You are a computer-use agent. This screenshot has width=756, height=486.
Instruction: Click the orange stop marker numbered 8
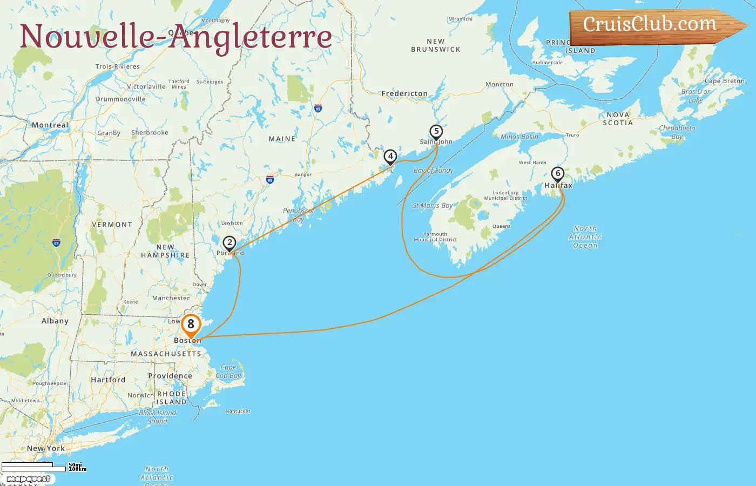[x=191, y=325]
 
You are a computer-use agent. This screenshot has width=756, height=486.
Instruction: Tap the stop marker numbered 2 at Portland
[x=230, y=244]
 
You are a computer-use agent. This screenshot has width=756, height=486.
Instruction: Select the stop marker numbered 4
[x=390, y=157]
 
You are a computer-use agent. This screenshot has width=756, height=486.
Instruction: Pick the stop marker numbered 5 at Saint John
[x=436, y=132]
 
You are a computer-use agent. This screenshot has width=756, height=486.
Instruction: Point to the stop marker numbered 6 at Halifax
[x=558, y=174]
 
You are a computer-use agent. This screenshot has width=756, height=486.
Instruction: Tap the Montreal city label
[x=50, y=125]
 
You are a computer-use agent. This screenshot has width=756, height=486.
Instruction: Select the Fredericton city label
[x=404, y=93]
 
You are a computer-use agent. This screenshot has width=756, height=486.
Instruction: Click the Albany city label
[x=55, y=321]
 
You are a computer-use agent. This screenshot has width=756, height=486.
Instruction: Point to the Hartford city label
[x=108, y=380]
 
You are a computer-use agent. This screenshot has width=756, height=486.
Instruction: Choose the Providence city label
[x=170, y=376]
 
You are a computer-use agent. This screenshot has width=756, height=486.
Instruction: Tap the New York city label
[x=46, y=448]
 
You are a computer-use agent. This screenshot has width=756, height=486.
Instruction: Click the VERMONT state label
[x=112, y=225]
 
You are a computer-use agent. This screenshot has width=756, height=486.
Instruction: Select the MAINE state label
[x=282, y=139]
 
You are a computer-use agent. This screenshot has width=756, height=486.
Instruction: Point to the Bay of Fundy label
[x=433, y=170]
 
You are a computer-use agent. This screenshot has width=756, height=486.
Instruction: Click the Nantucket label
[x=238, y=411]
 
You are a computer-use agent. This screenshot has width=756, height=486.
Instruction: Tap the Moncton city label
[x=500, y=84]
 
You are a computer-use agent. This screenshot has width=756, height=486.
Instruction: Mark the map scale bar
[x=34, y=466]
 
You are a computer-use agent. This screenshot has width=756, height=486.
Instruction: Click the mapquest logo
[x=28, y=479]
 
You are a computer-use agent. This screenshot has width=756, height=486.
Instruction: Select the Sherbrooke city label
[x=150, y=133]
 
